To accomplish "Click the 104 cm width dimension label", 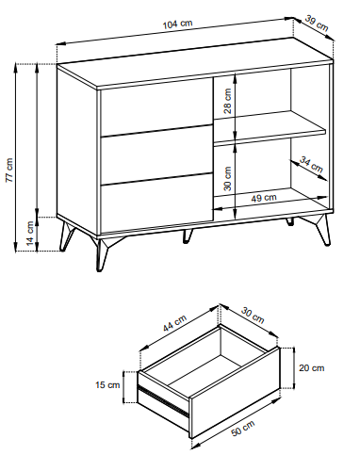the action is click(x=177, y=24).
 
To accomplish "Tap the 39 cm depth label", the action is click(x=317, y=24).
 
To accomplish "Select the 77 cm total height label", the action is click(x=9, y=171).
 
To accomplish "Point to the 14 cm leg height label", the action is click(x=30, y=233).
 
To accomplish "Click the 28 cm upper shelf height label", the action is click(x=227, y=101).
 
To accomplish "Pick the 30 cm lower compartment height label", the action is click(x=227, y=178).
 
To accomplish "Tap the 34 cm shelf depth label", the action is click(x=311, y=165).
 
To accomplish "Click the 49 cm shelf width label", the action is click(x=264, y=198).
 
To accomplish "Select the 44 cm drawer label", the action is click(x=174, y=323).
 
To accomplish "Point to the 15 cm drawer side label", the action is click(x=107, y=384).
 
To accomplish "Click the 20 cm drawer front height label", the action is click(x=311, y=367).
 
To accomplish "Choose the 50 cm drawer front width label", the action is click(x=243, y=429).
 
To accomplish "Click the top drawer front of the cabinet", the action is click(x=156, y=106).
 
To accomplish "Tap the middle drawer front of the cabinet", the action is click(x=156, y=154).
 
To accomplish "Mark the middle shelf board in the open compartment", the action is click(x=270, y=127).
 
